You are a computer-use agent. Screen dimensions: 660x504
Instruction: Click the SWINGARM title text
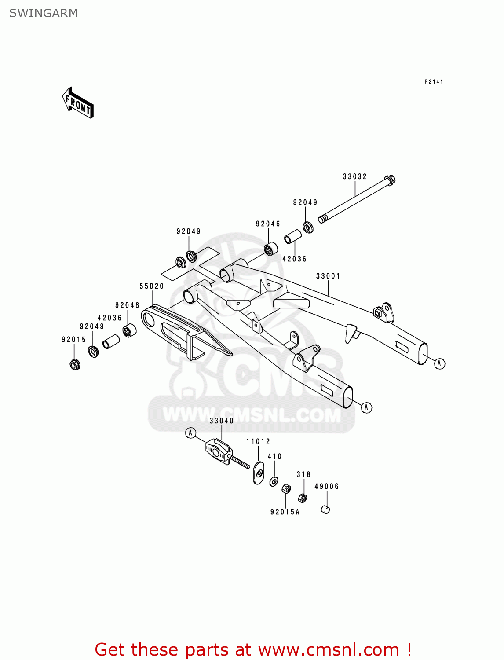(43, 13)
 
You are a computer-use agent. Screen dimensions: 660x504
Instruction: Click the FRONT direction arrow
(78, 104)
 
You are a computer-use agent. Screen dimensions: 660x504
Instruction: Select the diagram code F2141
(434, 82)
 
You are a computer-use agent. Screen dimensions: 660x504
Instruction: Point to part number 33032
(354, 176)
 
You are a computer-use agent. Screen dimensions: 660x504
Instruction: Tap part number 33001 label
(328, 276)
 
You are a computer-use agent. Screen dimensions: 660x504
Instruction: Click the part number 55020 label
(151, 286)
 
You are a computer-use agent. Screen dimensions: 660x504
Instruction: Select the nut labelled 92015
(75, 364)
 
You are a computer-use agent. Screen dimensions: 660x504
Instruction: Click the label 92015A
(285, 512)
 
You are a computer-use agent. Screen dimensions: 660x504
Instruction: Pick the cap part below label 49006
(325, 510)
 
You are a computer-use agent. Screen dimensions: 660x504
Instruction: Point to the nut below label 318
(303, 498)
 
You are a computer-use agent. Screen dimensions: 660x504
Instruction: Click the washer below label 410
(274, 481)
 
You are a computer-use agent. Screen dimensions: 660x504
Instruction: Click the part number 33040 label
(221, 421)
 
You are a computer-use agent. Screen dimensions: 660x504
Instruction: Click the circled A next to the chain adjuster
(190, 433)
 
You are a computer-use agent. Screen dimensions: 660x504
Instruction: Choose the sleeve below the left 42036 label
(111, 342)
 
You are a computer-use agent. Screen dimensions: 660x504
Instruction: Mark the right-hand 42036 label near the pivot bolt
(294, 259)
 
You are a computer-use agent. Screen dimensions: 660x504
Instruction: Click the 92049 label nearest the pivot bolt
(305, 202)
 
